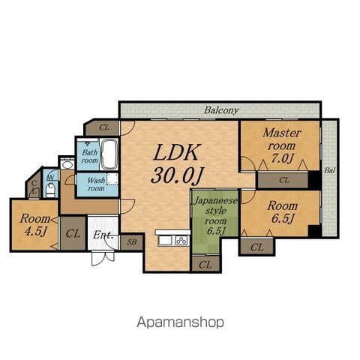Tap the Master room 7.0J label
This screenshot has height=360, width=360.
point(281,145)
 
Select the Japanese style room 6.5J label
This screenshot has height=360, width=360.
point(215,216)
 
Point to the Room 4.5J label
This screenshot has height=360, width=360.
point(34,225)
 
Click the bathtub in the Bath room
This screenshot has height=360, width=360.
point(109,154)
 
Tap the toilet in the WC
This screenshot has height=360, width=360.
point(50,192)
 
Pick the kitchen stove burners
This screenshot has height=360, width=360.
point(181,241)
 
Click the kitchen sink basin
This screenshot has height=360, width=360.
point(165,241)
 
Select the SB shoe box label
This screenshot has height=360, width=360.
point(132,242)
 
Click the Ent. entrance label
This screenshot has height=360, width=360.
point(103,235)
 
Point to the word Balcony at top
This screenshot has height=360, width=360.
point(221,110)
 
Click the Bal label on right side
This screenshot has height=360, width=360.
point(329,170)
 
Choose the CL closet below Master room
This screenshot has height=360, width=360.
point(283,180)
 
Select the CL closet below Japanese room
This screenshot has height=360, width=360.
point(205,265)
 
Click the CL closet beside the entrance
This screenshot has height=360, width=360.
point(73,233)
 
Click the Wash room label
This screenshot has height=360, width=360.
point(96,184)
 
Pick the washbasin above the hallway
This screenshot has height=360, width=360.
point(67,165)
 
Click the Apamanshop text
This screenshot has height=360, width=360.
point(180,322)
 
